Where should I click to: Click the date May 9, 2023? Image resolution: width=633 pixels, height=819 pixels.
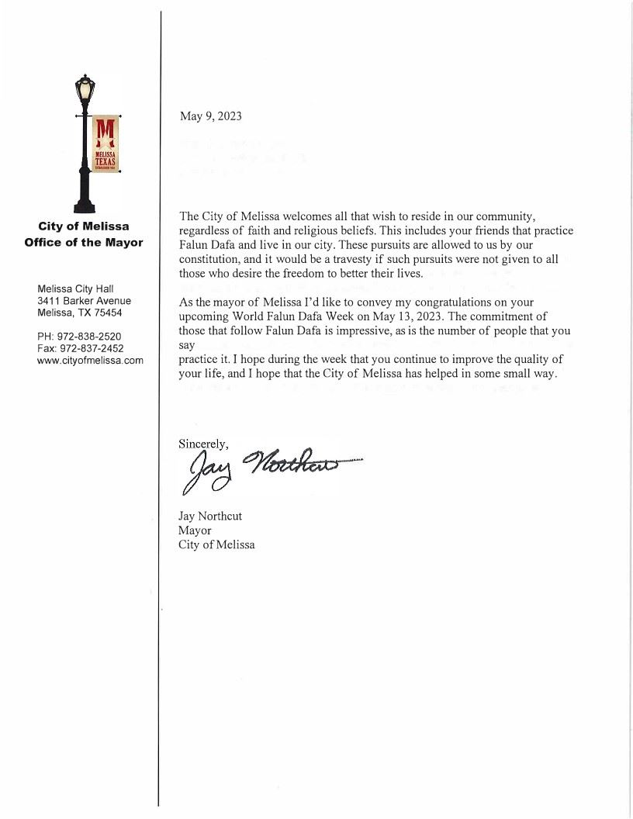pos(210,116)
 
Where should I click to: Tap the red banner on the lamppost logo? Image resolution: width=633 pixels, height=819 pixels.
pos(105,145)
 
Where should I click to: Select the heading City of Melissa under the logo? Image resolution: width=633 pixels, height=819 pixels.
pos(84,226)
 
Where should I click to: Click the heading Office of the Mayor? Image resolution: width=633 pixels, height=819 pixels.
pos(84,242)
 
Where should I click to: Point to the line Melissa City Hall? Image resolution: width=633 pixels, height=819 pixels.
pos(75,289)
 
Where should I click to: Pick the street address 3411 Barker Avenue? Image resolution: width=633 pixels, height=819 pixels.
pos(84,301)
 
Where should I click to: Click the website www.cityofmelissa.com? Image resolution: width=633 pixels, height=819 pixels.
pos(90,361)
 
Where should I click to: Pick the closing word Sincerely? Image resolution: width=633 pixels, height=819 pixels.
pos(203,444)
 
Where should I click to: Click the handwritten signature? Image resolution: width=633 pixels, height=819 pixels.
pos(264,468)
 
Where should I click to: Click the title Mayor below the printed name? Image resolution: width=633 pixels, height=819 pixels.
pos(195,530)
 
